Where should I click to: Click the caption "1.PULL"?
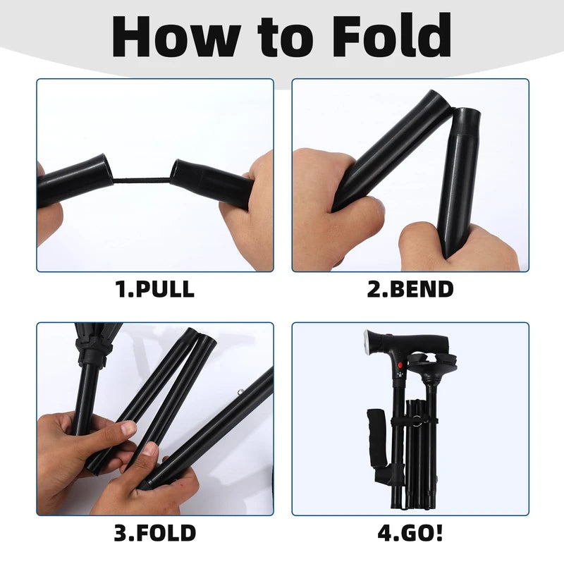(154, 290)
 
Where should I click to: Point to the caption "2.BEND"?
(410, 290)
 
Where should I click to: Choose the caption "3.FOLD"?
(154, 532)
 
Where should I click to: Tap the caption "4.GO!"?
(410, 532)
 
